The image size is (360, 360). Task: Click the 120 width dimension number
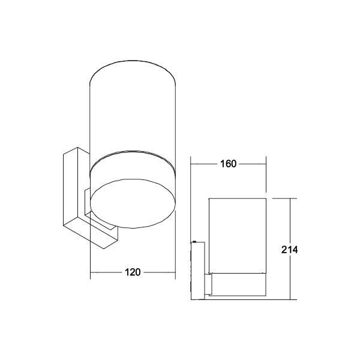click(x=133, y=272)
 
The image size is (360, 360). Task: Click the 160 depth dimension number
click(x=228, y=164)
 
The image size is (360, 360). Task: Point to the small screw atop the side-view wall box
click(x=194, y=242)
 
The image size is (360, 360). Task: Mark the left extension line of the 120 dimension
click(x=90, y=252)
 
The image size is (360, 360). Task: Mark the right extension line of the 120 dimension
click(x=175, y=252)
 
